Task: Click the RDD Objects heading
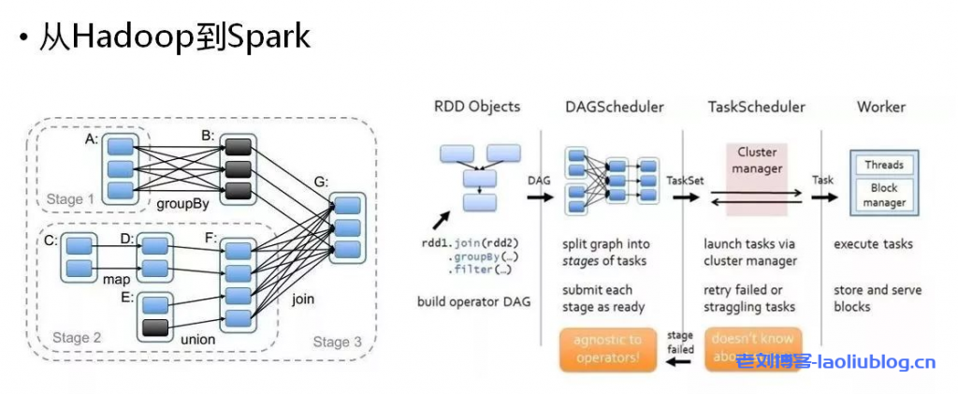[x=476, y=107]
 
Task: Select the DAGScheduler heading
[x=614, y=107]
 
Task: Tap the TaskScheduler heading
[x=755, y=107]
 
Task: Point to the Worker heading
[x=881, y=107]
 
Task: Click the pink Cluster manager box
[x=757, y=161]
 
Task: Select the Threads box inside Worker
[x=883, y=166]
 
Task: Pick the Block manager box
[x=883, y=194]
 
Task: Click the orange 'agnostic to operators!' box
[x=607, y=347]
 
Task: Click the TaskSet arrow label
[x=686, y=180]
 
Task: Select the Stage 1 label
[x=71, y=199]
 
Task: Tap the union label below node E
[x=193, y=339]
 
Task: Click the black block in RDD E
[x=153, y=328]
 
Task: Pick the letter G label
[x=321, y=182]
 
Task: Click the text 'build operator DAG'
[x=474, y=301]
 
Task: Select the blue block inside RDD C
[x=80, y=246]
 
